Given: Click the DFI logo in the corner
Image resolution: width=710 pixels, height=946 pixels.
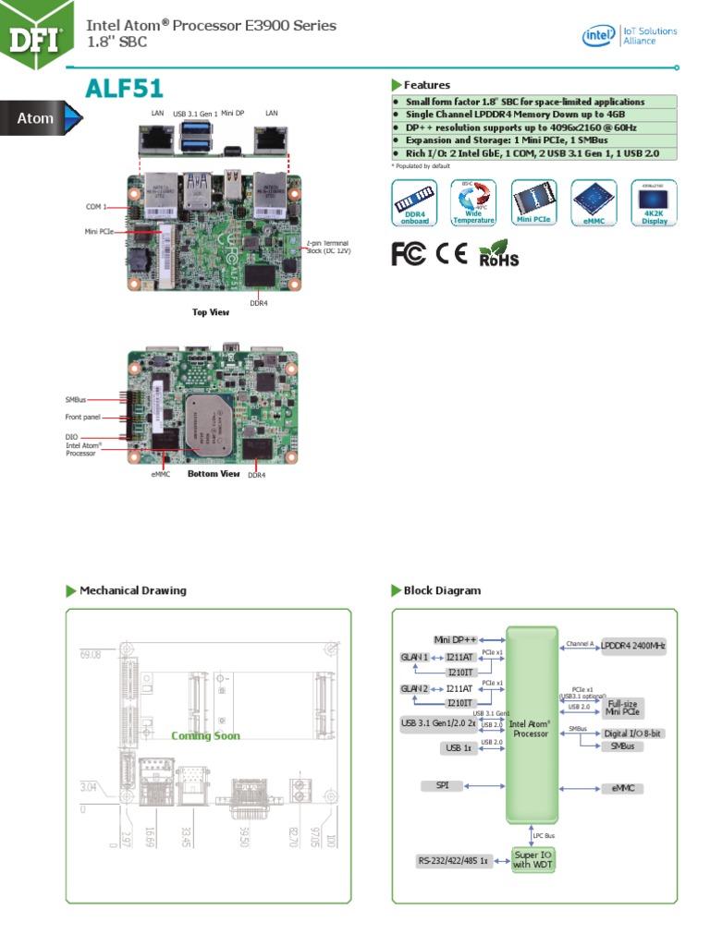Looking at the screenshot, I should click(36, 35).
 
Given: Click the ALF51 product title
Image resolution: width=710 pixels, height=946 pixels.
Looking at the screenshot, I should click(124, 89).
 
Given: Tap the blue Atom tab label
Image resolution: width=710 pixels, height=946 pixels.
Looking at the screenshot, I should click(36, 118).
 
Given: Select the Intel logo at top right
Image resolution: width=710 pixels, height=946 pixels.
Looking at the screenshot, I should click(599, 36).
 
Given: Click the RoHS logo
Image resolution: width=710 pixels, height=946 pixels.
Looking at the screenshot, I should click(498, 254).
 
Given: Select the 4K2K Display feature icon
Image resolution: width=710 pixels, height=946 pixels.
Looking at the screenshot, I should click(654, 202).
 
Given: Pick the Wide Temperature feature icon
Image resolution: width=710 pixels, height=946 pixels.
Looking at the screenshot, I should click(472, 202).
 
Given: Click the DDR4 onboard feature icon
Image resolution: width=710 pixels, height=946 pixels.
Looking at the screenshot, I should click(413, 202).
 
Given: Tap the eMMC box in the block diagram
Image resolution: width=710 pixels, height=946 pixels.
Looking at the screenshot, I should click(621, 789).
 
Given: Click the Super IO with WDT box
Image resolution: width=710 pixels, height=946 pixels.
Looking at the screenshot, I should click(532, 860).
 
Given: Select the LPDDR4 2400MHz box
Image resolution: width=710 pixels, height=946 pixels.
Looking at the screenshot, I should click(632, 646).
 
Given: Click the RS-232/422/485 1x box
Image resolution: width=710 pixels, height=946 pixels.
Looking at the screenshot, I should click(452, 861).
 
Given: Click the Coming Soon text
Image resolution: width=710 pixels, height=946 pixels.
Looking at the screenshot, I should click(205, 736).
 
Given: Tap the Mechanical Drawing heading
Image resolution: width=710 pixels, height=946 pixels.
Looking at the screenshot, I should click(132, 590).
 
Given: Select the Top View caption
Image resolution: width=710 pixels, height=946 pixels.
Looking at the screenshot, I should click(210, 312).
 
